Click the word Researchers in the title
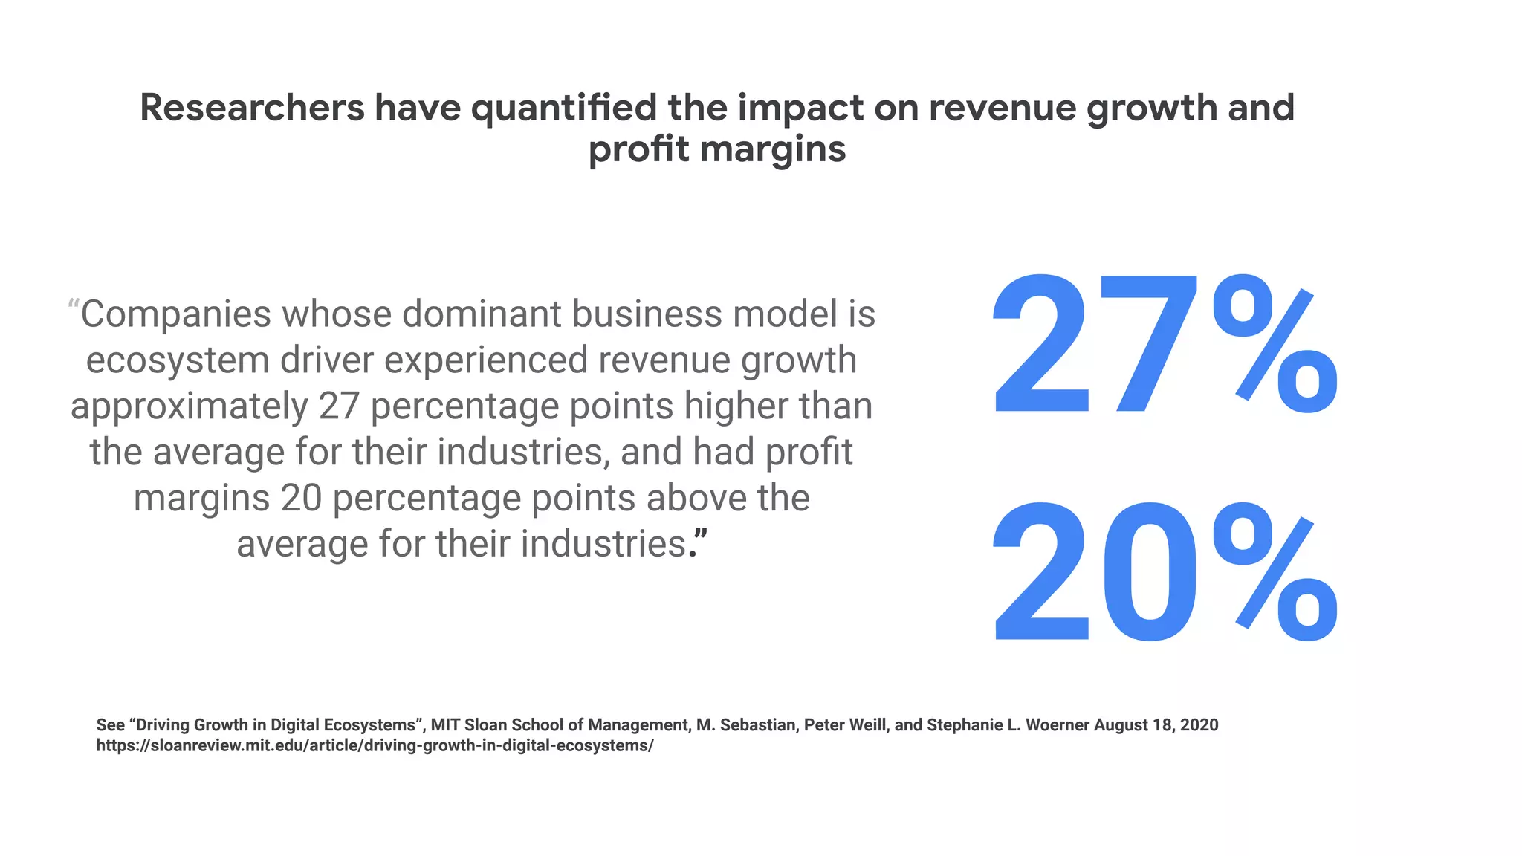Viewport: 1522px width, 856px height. (x=252, y=108)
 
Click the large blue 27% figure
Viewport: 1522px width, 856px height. (x=1163, y=346)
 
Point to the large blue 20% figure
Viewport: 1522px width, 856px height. (x=1163, y=572)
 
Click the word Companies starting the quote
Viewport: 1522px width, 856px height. (x=176, y=314)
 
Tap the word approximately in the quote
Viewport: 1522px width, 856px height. (x=190, y=407)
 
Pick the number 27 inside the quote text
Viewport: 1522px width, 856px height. (x=339, y=406)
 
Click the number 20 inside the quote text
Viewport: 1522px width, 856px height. (x=301, y=498)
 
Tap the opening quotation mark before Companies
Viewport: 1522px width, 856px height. (x=74, y=305)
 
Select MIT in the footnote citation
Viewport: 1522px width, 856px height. (x=446, y=725)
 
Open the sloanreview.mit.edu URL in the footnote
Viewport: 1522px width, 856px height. (x=375, y=746)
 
